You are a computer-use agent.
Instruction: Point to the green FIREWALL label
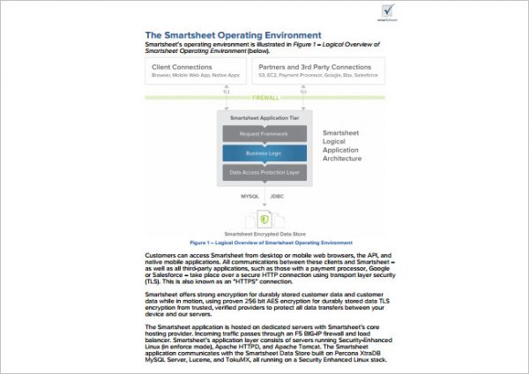coord(264,98)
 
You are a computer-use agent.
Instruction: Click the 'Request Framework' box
coord(265,133)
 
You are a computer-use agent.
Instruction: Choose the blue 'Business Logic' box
coord(265,153)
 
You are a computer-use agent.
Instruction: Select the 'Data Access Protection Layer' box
coord(265,172)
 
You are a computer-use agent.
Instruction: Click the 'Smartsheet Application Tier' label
coord(264,116)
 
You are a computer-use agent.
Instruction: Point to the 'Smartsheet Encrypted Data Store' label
coord(265,234)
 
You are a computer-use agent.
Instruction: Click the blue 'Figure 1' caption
coord(264,241)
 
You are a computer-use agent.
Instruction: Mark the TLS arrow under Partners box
coord(302,89)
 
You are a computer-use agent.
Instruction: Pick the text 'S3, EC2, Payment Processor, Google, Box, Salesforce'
coord(313,75)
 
